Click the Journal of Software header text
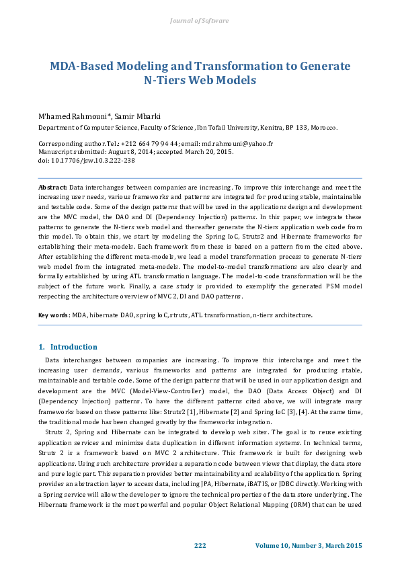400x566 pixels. tap(200, 21)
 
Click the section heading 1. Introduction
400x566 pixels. tap(68, 347)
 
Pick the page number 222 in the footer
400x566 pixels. tap(200, 544)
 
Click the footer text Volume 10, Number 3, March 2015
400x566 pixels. tap(309, 544)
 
